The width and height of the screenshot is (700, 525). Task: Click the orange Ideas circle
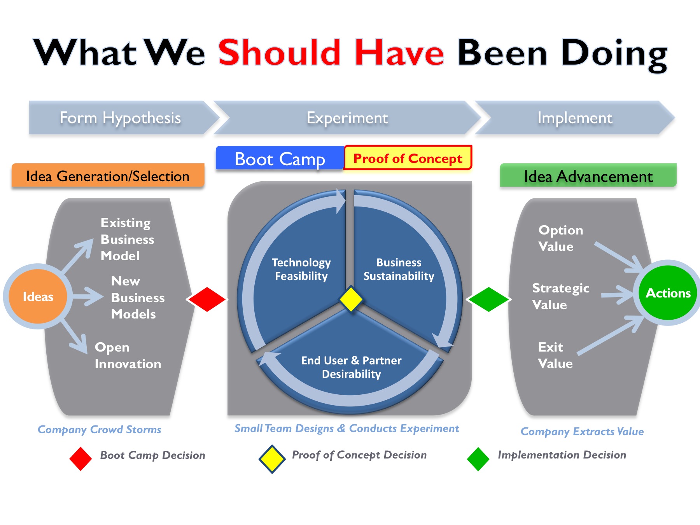click(x=38, y=297)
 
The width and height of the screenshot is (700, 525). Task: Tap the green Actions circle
click(x=668, y=293)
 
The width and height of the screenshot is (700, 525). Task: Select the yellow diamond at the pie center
click(x=351, y=299)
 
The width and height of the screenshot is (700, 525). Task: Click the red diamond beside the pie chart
click(x=207, y=299)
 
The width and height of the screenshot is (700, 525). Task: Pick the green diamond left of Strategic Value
click(x=488, y=299)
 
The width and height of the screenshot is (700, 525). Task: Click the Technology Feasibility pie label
click(x=301, y=269)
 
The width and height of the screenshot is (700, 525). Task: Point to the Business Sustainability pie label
click(x=399, y=269)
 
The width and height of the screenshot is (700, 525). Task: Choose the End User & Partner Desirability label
click(x=351, y=367)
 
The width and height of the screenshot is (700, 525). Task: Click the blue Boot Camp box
click(x=280, y=159)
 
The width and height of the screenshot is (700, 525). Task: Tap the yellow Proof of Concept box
click(x=408, y=158)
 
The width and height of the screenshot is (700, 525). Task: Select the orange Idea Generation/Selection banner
click(x=108, y=176)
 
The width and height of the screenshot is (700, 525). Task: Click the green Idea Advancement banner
click(x=588, y=176)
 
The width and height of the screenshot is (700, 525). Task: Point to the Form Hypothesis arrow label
click(x=120, y=118)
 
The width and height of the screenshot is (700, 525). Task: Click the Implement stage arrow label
click(x=574, y=118)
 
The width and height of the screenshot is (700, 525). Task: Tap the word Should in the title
click(x=279, y=53)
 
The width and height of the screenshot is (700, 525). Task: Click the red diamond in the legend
click(x=80, y=459)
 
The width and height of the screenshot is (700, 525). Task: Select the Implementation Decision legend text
click(x=562, y=455)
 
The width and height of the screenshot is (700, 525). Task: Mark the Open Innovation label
click(x=128, y=355)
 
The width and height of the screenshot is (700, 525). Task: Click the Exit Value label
click(x=555, y=355)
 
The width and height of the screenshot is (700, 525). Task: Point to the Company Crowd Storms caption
click(x=99, y=430)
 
